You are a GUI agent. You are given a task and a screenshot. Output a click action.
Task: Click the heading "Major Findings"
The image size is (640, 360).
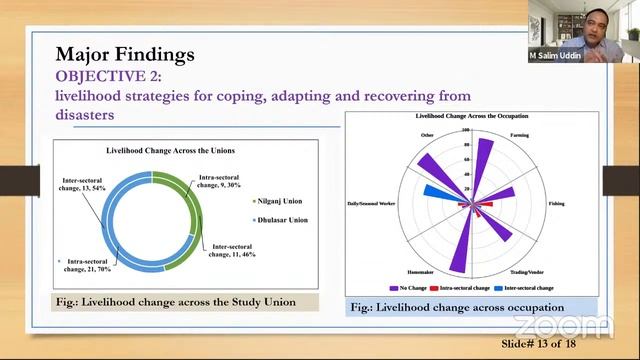coord(125,53)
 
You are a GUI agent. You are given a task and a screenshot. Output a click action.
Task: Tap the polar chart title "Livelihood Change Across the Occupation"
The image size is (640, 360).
coord(471,118)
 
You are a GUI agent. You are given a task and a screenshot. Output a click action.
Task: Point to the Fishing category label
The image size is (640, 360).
coord(556,204)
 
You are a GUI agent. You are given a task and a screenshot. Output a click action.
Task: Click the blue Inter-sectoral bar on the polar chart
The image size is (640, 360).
coord(438,191)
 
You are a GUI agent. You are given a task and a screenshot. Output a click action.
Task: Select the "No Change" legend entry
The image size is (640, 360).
coord(424,288)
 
